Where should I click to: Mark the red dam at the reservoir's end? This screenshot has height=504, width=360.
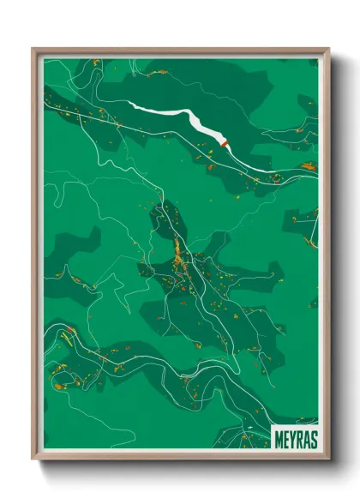tap(225, 145)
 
